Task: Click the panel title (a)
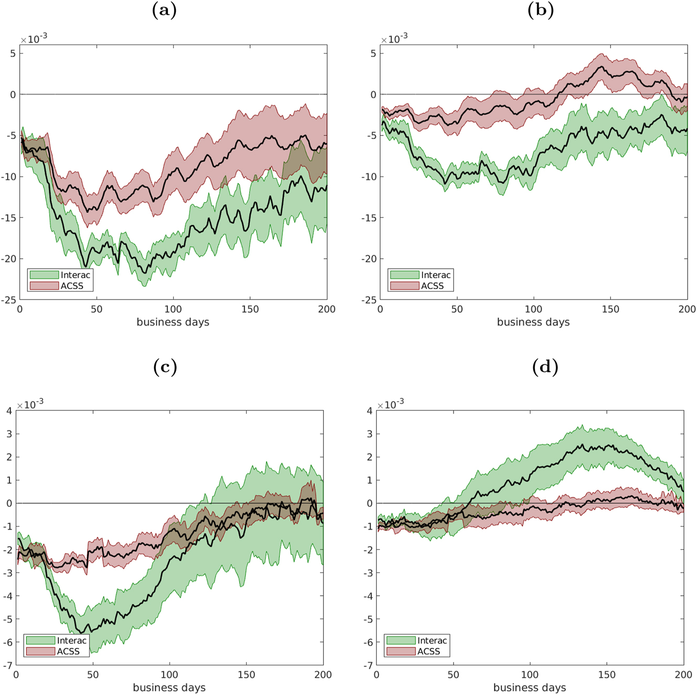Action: tap(164, 10)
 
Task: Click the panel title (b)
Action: tap(541, 10)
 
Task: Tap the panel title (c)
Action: tap(165, 366)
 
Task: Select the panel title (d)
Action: tap(545, 366)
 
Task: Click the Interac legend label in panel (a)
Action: tap(75, 275)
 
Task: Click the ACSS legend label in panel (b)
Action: tap(432, 286)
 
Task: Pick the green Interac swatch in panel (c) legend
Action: tap(40, 640)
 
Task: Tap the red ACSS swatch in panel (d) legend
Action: tap(400, 651)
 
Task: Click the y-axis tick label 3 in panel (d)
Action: tap(369, 434)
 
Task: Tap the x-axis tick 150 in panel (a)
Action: tap(250, 309)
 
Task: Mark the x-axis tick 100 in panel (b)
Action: tap(533, 309)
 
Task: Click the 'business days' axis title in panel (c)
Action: tap(169, 688)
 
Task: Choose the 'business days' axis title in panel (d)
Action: tap(530, 688)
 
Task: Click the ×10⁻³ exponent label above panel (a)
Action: tap(34, 39)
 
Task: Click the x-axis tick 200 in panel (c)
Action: tap(323, 675)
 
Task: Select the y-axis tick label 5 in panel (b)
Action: tap(373, 54)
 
